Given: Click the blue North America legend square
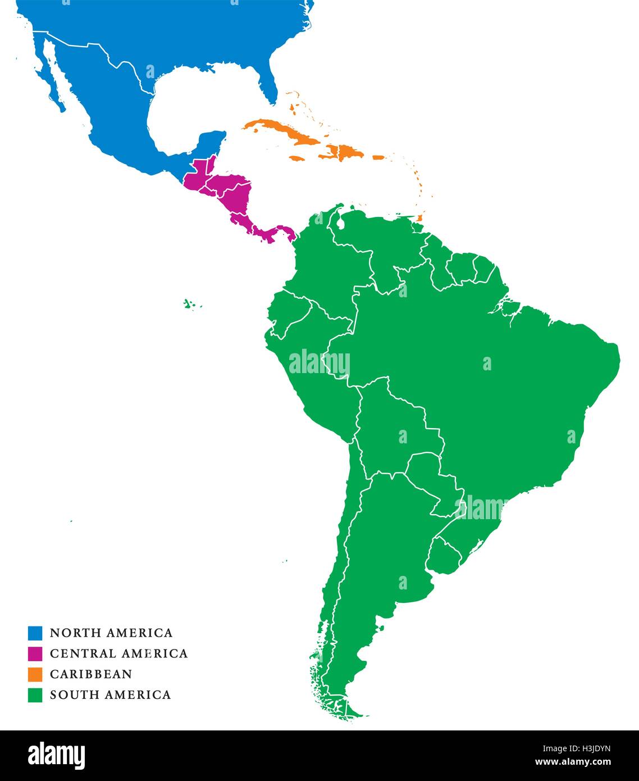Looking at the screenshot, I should click(x=35, y=633).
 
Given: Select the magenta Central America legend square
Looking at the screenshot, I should click(x=35, y=653).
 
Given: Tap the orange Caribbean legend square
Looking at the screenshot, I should click(x=35, y=674).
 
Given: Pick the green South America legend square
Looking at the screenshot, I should click(x=35, y=695).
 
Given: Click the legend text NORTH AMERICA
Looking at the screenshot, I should click(x=111, y=633).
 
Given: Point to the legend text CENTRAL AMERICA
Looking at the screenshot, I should click(x=118, y=653).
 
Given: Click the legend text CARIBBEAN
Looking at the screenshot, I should click(x=91, y=674).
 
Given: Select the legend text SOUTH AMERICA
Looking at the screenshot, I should click(x=110, y=695).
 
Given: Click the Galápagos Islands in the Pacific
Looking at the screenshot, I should click(x=191, y=305).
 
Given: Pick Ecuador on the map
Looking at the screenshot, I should click(x=286, y=317).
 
